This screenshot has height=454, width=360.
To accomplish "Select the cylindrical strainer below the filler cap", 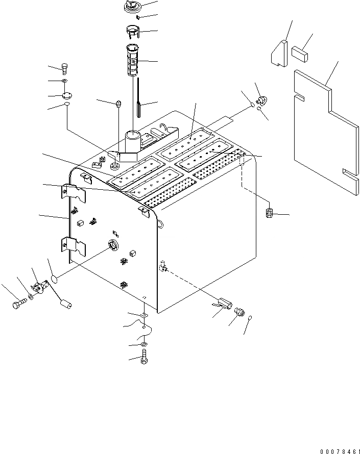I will [x=133, y=60].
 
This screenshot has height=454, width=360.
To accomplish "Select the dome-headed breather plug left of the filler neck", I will [x=118, y=104].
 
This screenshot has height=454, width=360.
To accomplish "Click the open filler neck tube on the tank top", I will [x=133, y=140].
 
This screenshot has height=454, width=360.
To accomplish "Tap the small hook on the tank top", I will [x=163, y=128].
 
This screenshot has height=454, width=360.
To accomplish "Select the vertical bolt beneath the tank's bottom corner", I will [x=143, y=357].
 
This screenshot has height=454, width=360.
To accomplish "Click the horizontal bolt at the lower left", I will [x=18, y=305].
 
